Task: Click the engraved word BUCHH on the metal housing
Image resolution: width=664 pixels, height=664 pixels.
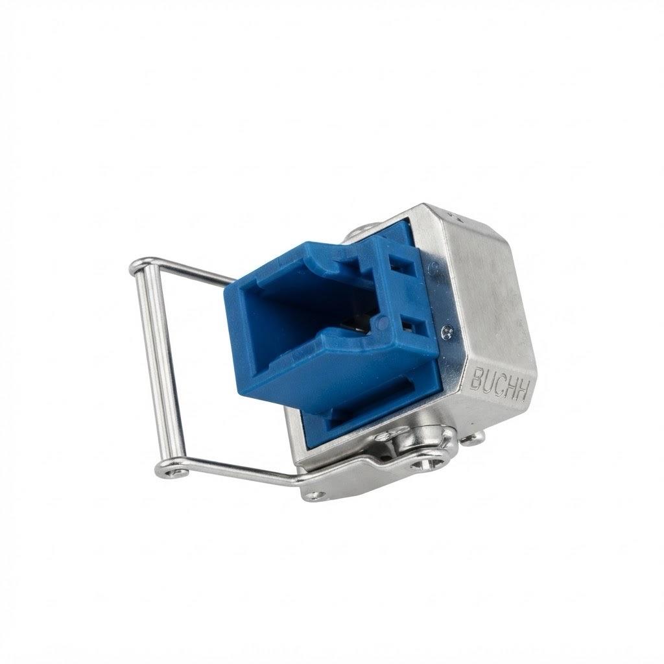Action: coord(499,384)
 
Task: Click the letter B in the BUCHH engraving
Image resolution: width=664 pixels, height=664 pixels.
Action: coord(475,377)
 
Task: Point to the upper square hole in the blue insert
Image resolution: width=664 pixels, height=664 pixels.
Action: coord(400,265)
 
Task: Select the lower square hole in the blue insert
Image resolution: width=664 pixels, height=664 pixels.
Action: coord(410,324)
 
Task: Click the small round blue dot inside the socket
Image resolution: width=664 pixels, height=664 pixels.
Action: coord(383,323)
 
